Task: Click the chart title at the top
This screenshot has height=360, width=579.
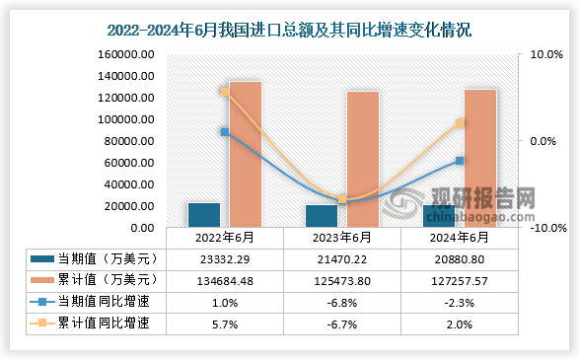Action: pyautogui.click(x=289, y=31)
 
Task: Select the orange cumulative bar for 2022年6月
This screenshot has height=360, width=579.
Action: pyautogui.click(x=245, y=155)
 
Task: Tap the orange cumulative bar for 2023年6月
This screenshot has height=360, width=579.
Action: pyautogui.click(x=362, y=160)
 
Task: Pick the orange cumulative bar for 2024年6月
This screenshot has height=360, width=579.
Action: pyautogui.click(x=479, y=159)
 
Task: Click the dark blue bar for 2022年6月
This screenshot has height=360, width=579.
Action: pyautogui.click(x=204, y=216)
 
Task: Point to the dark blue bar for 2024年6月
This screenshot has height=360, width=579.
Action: pyautogui.click(x=439, y=217)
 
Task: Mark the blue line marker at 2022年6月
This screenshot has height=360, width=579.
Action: pyautogui.click(x=225, y=132)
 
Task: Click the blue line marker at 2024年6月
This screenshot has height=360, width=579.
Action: pyautogui.click(x=460, y=161)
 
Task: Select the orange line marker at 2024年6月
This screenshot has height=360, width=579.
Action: pyautogui.click(x=460, y=123)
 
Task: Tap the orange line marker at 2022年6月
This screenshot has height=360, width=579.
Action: pyautogui.click(x=225, y=92)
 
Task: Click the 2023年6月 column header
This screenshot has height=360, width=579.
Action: pyautogui.click(x=342, y=238)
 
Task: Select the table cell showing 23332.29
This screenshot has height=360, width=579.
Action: pyautogui.click(x=225, y=258)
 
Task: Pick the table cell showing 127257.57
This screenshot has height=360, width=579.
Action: pyautogui.click(x=460, y=279)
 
